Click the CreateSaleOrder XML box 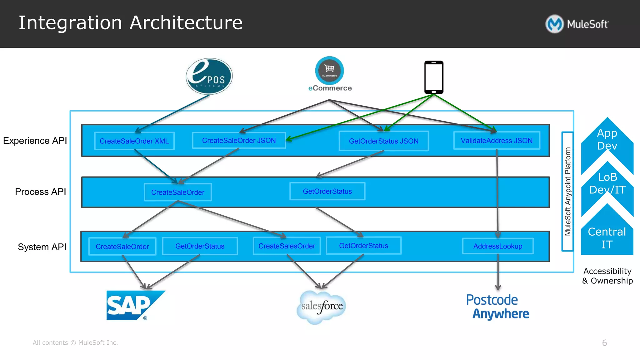[134, 141]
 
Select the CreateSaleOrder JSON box [239, 140]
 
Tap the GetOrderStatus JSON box [383, 141]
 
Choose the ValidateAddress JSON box [497, 141]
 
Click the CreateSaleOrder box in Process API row [177, 192]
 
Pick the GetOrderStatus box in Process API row [327, 191]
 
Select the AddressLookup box [497, 246]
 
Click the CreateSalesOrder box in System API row [287, 246]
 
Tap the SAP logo [134, 305]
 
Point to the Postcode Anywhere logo [497, 307]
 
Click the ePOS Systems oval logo [209, 76]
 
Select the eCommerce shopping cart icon [329, 70]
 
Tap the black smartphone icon [434, 77]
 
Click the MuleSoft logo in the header [577, 24]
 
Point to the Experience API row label [35, 141]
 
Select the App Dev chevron [607, 139]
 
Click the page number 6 [604, 343]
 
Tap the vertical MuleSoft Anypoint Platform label [567, 191]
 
